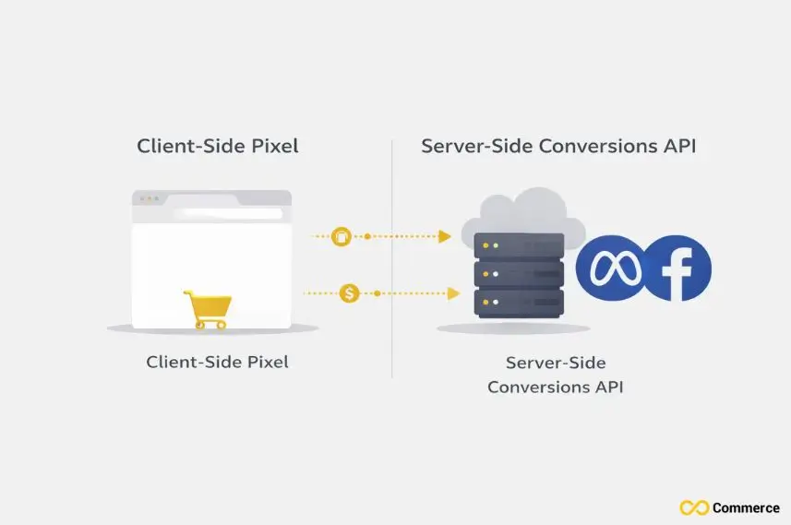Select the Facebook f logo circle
678,268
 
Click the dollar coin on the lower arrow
349,293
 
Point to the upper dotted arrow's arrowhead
445,237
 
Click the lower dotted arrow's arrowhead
453,293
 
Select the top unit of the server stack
519,246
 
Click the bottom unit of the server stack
519,303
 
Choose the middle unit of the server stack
519,274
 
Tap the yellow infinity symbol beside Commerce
694,507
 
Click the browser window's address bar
226,214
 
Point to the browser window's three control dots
147,198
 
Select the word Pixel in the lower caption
266,363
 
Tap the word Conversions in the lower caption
533,387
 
